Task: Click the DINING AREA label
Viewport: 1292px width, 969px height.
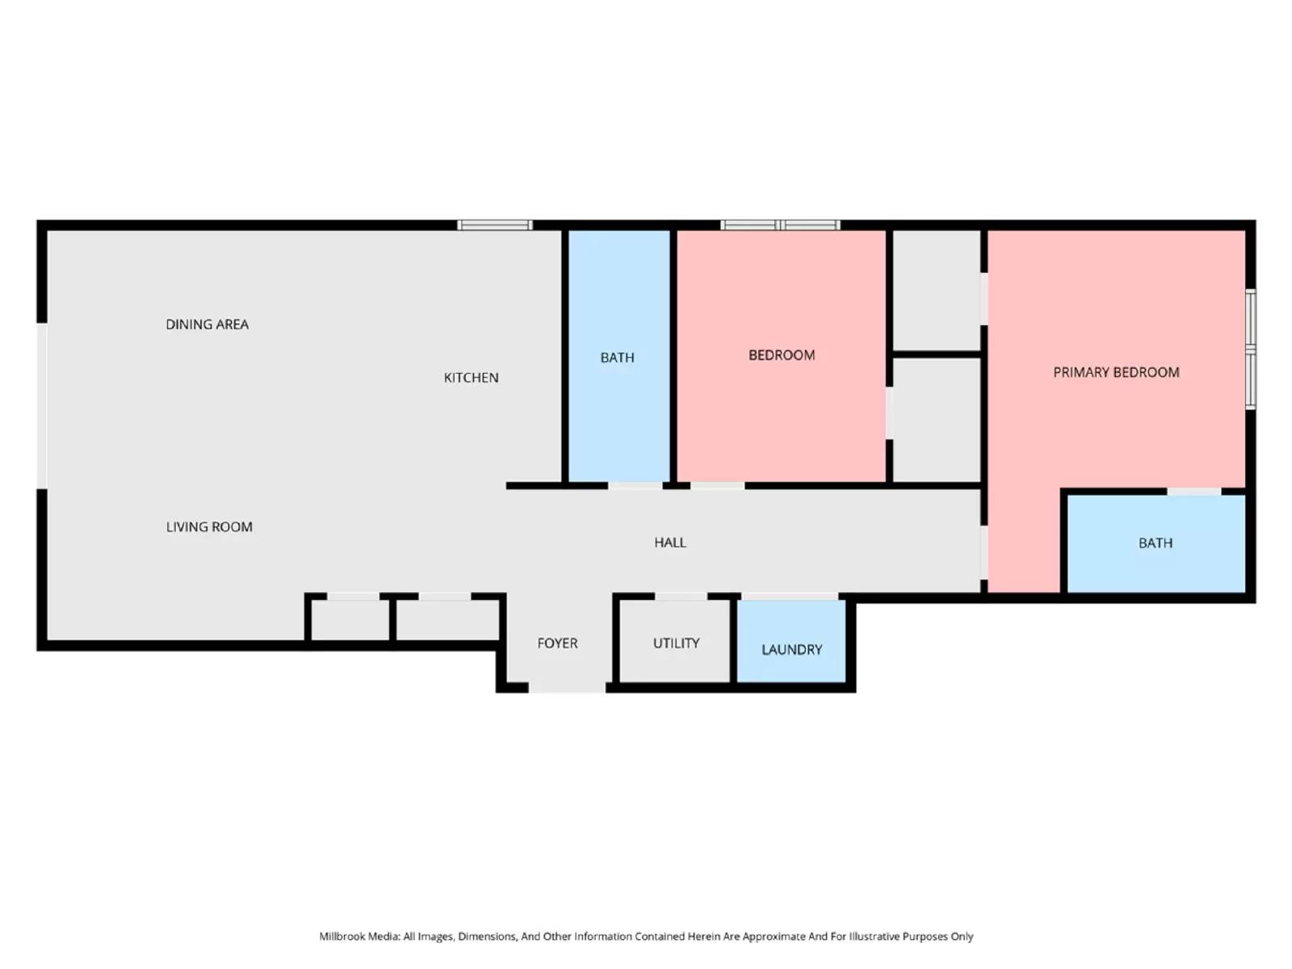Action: pos(207,324)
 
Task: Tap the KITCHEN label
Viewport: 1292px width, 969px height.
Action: pos(471,377)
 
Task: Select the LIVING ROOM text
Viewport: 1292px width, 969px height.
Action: pos(209,526)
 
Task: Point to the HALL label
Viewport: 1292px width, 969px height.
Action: pos(669,543)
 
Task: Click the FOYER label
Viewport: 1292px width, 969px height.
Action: pos(557,643)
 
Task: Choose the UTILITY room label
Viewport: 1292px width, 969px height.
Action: pos(676,643)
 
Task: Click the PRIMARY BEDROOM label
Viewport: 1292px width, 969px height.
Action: pos(1116,372)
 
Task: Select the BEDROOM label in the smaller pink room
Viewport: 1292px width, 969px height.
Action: pos(781,354)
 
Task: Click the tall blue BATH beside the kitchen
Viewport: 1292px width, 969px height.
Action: pos(618,357)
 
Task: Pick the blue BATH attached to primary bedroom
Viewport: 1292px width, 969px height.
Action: pos(1156,543)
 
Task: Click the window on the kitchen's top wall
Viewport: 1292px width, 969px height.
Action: pos(494,225)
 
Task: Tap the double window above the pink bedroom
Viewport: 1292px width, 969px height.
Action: pos(780,225)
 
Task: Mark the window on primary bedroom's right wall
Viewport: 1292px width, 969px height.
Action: pos(1250,349)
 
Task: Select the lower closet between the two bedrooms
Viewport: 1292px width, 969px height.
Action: pos(937,420)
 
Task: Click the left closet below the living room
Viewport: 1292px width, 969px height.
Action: pos(350,620)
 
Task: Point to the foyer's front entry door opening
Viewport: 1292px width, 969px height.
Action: pos(567,687)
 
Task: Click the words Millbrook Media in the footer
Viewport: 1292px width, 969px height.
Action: pos(359,936)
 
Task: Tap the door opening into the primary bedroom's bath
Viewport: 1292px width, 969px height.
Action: pos(1193,491)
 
